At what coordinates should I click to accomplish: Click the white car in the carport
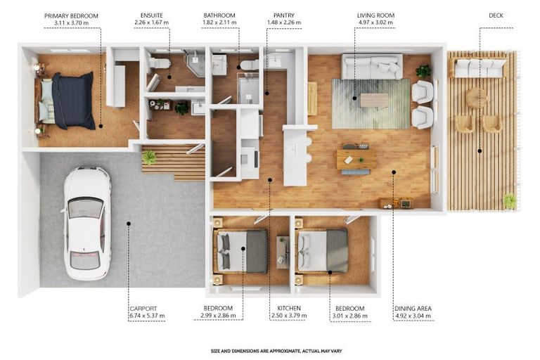click(86, 223)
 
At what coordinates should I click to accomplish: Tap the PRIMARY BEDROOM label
click(71, 16)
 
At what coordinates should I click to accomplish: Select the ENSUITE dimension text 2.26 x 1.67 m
click(152, 22)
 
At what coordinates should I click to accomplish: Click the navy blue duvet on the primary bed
click(74, 101)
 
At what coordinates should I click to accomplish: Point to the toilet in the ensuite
click(159, 63)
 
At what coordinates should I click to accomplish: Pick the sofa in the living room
click(372, 66)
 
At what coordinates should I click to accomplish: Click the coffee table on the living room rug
click(374, 101)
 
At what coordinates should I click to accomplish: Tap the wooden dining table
click(356, 159)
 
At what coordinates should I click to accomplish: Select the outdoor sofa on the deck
click(480, 68)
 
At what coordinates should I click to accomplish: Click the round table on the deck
click(476, 98)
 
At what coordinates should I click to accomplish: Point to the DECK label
click(496, 15)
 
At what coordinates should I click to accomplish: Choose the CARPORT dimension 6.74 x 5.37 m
click(148, 316)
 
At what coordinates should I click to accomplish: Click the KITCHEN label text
click(289, 309)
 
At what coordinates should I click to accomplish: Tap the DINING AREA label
click(413, 309)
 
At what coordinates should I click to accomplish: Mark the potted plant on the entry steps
click(150, 157)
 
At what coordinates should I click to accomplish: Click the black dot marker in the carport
click(129, 224)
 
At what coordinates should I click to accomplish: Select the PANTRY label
click(284, 15)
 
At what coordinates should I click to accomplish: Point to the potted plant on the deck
click(510, 201)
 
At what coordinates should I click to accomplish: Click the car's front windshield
click(86, 207)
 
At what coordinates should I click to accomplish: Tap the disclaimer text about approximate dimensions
click(276, 351)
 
